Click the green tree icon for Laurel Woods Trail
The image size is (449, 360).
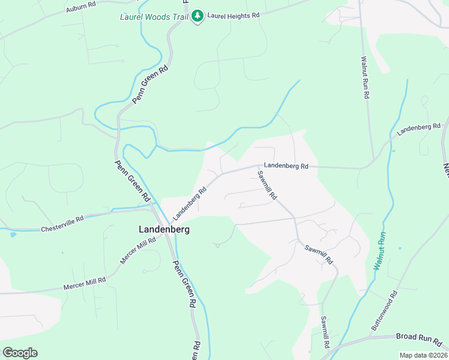click(197, 17)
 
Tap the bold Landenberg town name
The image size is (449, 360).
click(164, 229)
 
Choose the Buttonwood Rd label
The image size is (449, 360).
click(385, 311)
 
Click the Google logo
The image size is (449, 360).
click(20, 352)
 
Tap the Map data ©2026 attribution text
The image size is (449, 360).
click(423, 355)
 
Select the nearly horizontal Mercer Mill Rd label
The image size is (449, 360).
click(85, 284)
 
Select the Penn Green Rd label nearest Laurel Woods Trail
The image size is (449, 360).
click(151, 85)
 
